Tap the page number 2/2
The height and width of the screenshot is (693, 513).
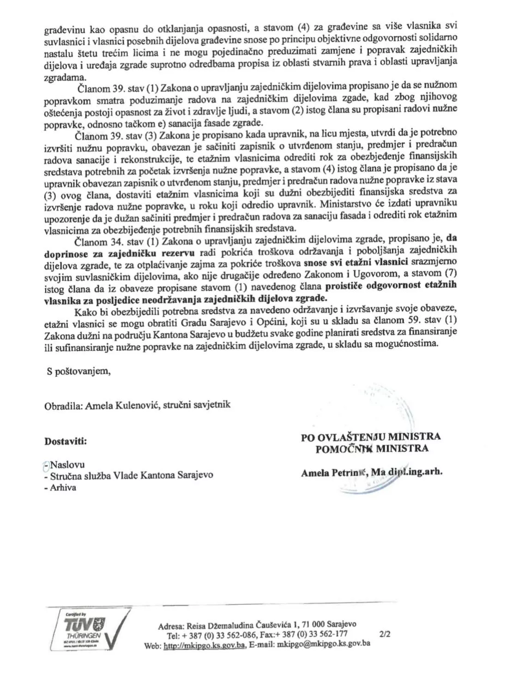coord(384,634)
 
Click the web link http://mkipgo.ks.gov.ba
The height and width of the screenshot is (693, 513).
coord(204,645)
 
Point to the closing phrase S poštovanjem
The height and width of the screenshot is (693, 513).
coord(78,371)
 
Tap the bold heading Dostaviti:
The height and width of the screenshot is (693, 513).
coord(66,441)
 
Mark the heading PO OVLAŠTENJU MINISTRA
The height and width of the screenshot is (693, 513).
coord(370,437)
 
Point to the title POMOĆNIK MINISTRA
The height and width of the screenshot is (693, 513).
coord(372,448)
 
